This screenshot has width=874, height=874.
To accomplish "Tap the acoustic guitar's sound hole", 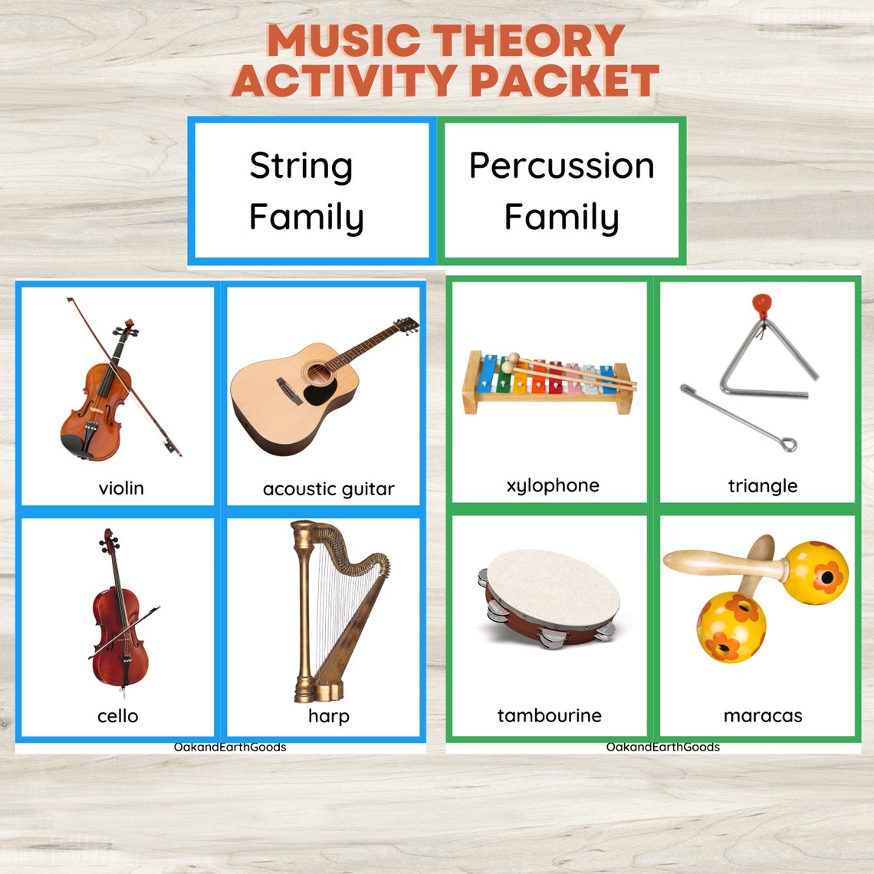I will [317, 374].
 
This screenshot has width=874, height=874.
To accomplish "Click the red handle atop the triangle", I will [761, 306].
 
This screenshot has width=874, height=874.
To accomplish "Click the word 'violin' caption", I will [121, 488].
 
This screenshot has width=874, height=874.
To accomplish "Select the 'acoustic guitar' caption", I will [328, 489].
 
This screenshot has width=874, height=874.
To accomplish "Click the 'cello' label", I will [117, 716].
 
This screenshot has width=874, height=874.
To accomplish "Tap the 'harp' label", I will [328, 716].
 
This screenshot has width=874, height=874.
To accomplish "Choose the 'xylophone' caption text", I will [553, 486].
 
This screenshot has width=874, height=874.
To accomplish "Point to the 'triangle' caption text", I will [762, 486].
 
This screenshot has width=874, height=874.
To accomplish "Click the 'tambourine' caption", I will [549, 716].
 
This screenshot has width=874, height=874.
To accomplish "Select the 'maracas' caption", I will [762, 716].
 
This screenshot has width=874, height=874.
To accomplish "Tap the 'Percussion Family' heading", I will [561, 191].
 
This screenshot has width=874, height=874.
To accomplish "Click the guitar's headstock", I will [406, 325].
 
